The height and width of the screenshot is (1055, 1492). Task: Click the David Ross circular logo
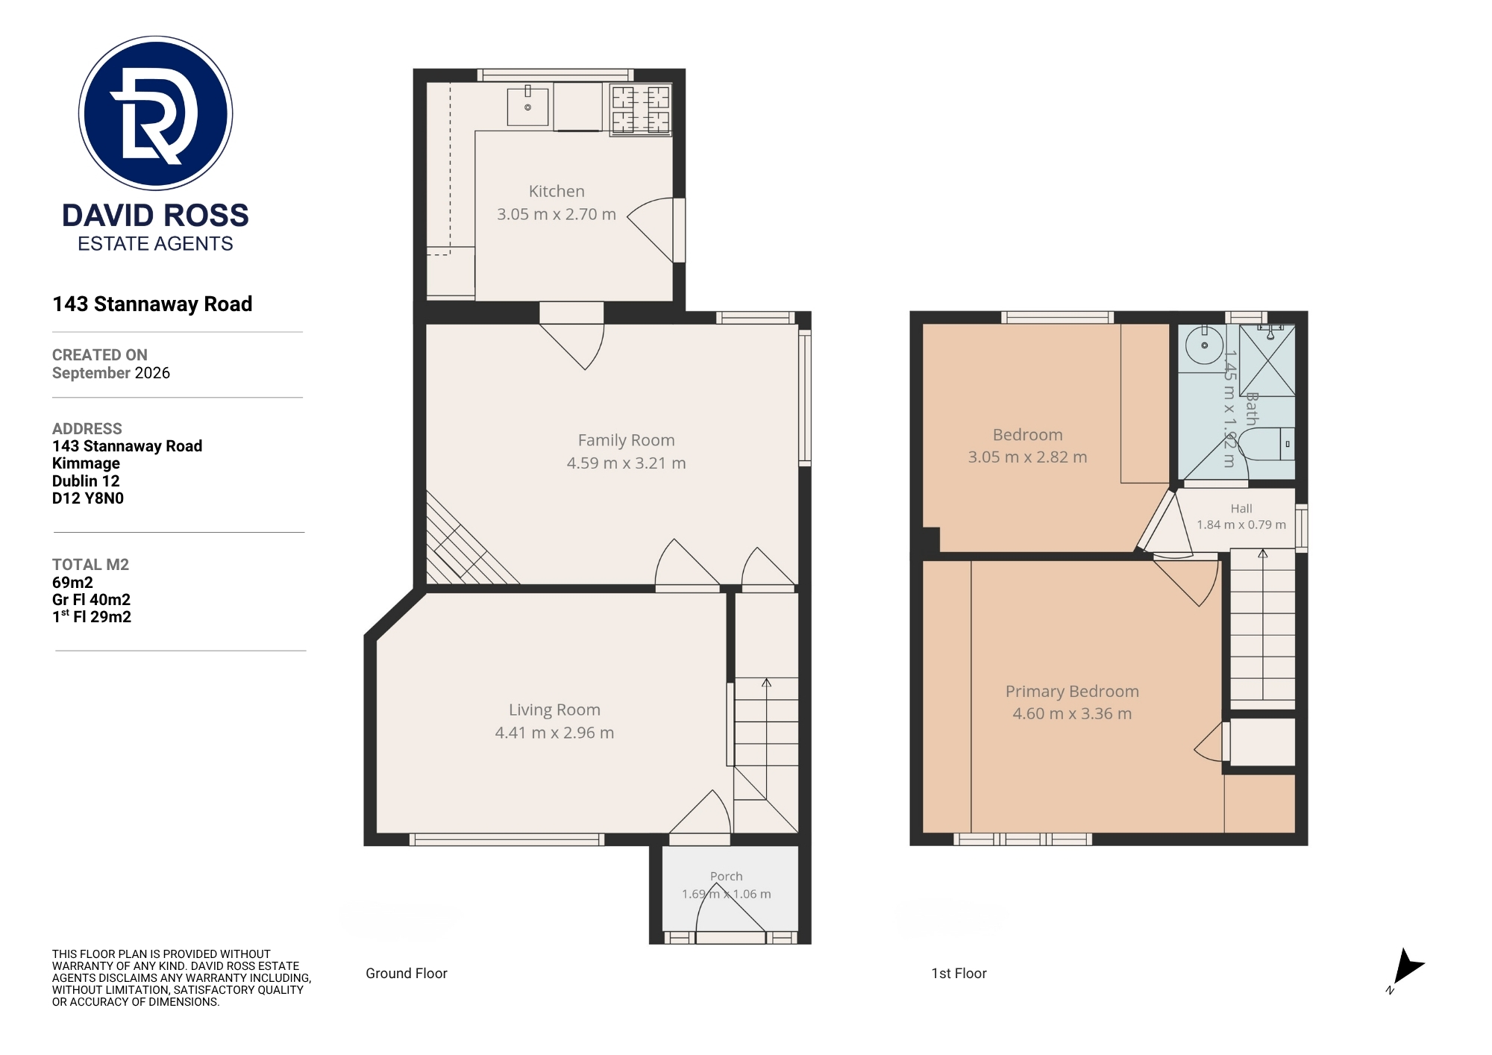tap(156, 113)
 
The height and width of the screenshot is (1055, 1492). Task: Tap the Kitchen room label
tap(557, 192)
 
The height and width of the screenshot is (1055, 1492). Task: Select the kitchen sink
tap(527, 106)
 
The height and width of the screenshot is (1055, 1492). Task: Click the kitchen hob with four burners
tap(641, 110)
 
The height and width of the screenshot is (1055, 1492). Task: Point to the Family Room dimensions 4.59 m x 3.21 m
tap(626, 463)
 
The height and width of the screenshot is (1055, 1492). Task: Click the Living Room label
tap(554, 710)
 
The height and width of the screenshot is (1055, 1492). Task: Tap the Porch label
tap(726, 877)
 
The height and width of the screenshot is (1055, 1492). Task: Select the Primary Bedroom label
tap(1072, 692)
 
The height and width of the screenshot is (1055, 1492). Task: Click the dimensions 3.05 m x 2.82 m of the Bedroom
tap(1027, 457)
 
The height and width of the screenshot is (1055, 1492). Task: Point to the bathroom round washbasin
tap(1204, 345)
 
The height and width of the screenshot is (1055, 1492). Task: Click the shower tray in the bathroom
tap(1267, 360)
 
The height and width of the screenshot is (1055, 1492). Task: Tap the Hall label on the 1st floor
tap(1241, 509)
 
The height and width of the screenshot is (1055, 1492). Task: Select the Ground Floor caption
tap(407, 974)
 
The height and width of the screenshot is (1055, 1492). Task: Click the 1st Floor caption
tap(959, 974)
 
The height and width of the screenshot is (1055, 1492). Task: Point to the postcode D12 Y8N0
tap(88, 498)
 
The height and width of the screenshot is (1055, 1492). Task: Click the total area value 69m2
tap(72, 583)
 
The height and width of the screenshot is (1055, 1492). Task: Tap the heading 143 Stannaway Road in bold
tap(152, 304)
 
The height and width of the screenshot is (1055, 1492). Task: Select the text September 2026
tap(111, 373)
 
